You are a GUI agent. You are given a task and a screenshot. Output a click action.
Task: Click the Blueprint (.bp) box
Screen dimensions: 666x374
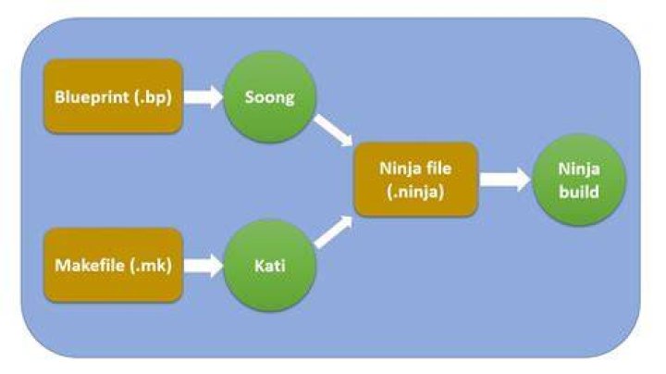[x=114, y=96]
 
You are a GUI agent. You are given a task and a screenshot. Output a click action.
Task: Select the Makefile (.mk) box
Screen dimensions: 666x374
[x=114, y=266]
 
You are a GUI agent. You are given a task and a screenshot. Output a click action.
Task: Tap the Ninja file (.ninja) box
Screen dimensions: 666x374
[x=416, y=180]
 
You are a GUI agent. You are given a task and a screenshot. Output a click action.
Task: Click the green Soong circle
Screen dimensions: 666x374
[x=270, y=97]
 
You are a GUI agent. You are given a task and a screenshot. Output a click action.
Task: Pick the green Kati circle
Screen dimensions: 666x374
[x=270, y=266]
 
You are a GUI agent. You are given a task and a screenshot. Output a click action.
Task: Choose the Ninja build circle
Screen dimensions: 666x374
[x=579, y=181]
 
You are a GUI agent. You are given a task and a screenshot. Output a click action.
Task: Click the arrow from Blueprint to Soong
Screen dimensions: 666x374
[x=203, y=97]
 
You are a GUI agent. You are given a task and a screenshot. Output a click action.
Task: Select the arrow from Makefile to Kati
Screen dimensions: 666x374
[x=203, y=266]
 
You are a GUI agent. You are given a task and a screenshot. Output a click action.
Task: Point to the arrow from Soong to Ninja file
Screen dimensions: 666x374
[x=334, y=130]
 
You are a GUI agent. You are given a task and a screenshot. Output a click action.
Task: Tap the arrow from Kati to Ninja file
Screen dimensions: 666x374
[x=334, y=232]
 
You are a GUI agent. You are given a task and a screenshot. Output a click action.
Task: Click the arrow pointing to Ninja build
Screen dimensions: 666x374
[x=505, y=180]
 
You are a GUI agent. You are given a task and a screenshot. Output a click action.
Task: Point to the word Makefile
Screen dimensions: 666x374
[x=90, y=266]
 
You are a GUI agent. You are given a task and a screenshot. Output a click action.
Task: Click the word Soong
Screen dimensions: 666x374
[x=270, y=98]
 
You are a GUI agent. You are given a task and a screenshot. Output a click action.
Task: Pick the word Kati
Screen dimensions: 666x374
[x=270, y=266]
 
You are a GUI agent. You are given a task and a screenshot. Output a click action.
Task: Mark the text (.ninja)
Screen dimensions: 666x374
[x=416, y=192]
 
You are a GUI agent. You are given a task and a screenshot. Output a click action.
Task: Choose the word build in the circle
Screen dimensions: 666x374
[x=579, y=192]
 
